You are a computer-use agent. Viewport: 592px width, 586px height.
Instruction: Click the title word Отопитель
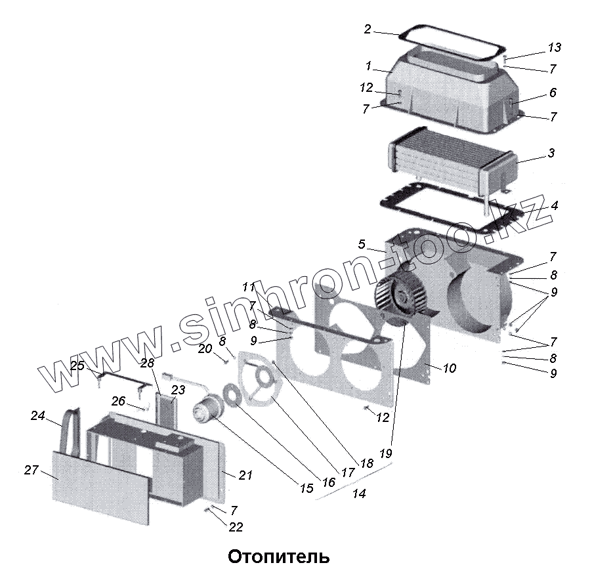tap(278, 558)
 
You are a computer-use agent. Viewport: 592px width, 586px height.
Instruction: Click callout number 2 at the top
tap(368, 30)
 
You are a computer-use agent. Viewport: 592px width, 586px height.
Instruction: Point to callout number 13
tap(555, 47)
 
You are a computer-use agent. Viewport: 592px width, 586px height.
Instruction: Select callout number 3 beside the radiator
tap(551, 153)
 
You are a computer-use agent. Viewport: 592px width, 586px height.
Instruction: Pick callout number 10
tap(449, 369)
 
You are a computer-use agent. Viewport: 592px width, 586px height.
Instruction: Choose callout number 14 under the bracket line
tap(359, 493)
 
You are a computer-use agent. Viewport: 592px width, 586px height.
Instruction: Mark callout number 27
tap(31, 470)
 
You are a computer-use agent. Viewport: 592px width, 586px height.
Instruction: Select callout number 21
tap(245, 475)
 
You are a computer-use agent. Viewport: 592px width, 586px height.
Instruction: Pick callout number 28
tap(146, 363)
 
